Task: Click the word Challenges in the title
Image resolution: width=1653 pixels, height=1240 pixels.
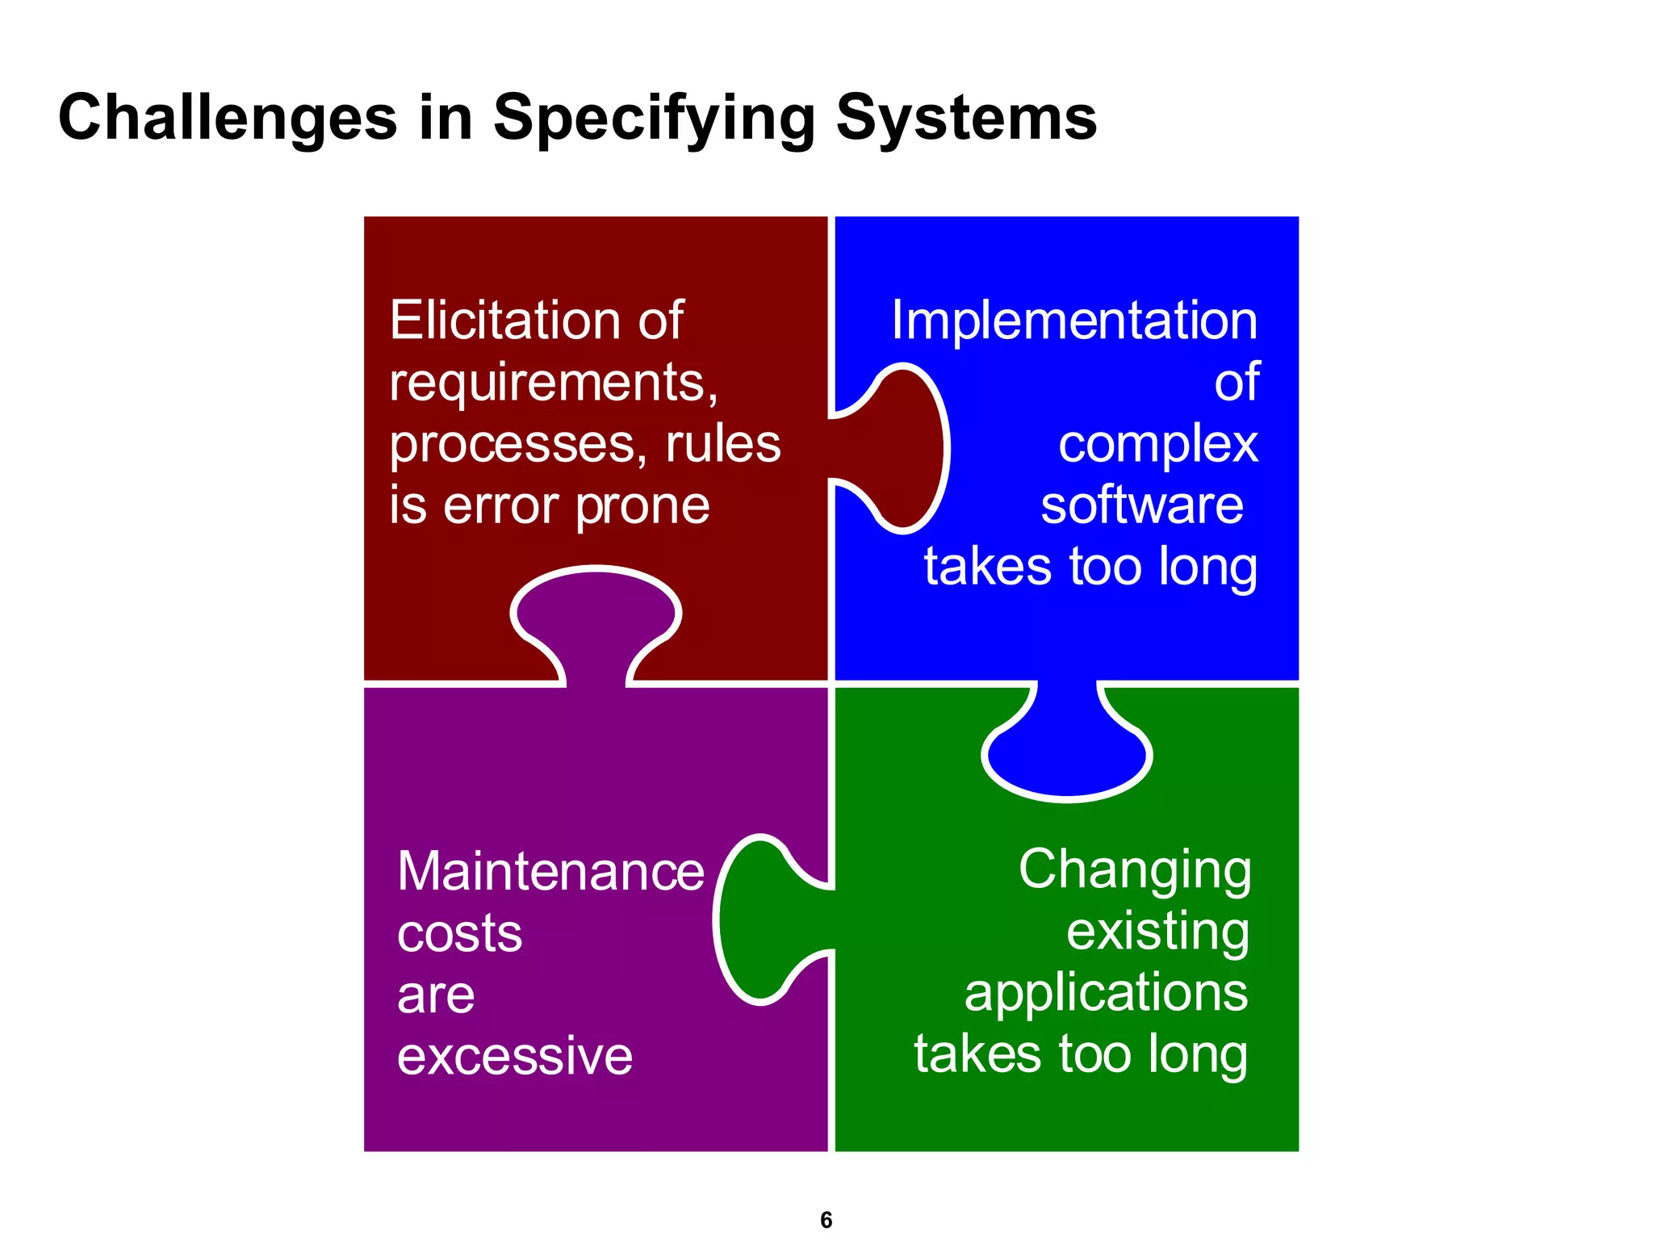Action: [x=228, y=118]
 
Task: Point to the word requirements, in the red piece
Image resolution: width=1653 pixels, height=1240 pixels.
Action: [x=554, y=382]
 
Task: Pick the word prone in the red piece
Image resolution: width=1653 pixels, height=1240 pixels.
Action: [x=642, y=507]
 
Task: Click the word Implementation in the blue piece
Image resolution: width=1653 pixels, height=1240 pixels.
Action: [x=1074, y=320]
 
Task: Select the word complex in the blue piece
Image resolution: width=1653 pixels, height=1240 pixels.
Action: [x=1158, y=445]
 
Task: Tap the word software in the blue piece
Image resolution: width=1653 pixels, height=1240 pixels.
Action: [x=1142, y=506]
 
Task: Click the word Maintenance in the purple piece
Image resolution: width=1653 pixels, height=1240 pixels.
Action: [x=550, y=872]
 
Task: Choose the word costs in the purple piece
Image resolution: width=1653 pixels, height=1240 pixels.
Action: [x=459, y=934]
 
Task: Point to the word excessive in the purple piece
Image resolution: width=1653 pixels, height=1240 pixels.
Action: [x=515, y=1056]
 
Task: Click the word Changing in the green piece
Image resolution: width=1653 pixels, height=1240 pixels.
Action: [x=1135, y=870]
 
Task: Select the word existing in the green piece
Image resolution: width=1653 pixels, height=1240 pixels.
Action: [x=1158, y=932]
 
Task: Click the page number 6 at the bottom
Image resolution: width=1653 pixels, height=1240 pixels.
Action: [x=826, y=1220]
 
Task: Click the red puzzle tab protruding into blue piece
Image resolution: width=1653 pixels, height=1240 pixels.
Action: [x=900, y=449]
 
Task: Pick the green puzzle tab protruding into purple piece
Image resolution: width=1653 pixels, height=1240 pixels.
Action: [x=763, y=920]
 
